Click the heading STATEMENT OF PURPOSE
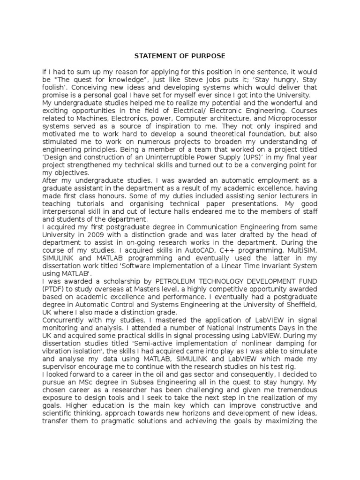[180, 56]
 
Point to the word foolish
[53, 87]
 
